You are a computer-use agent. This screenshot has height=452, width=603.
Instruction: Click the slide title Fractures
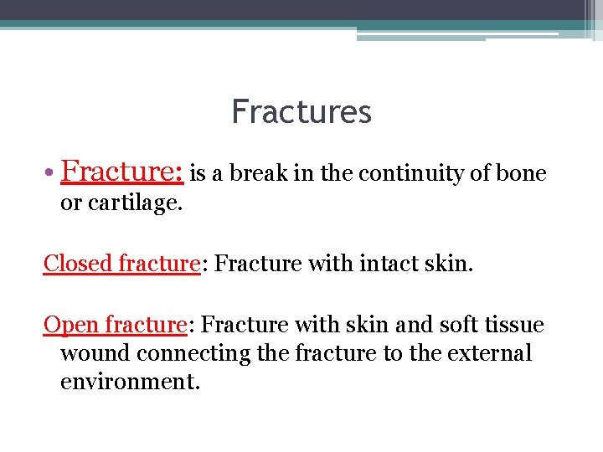[x=301, y=111]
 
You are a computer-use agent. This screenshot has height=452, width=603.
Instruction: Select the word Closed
[x=78, y=263]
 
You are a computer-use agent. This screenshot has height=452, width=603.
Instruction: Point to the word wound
[x=95, y=353]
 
